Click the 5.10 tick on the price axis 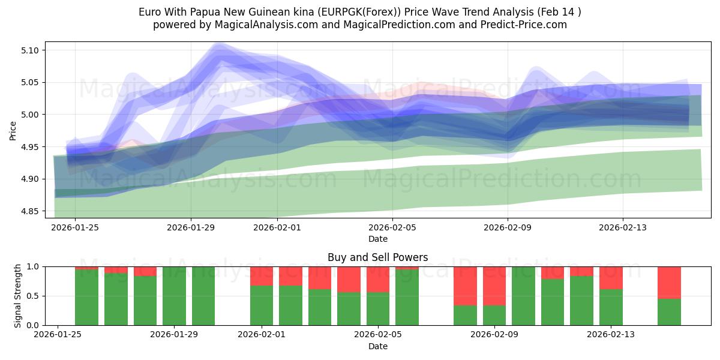coord(31,50)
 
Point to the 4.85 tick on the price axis coord(31,211)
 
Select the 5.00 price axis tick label coord(31,115)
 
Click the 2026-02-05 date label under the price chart coord(392,227)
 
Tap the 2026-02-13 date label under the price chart coord(623,227)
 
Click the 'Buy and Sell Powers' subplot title coord(377,257)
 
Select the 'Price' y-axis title coord(13,130)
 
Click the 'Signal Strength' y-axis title coord(18,295)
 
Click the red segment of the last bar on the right coord(669,282)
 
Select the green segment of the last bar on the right coord(669,312)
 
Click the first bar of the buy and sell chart coord(86,297)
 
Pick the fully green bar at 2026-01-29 coord(174,296)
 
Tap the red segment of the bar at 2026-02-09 coord(494,286)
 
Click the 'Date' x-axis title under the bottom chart coord(377,346)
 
